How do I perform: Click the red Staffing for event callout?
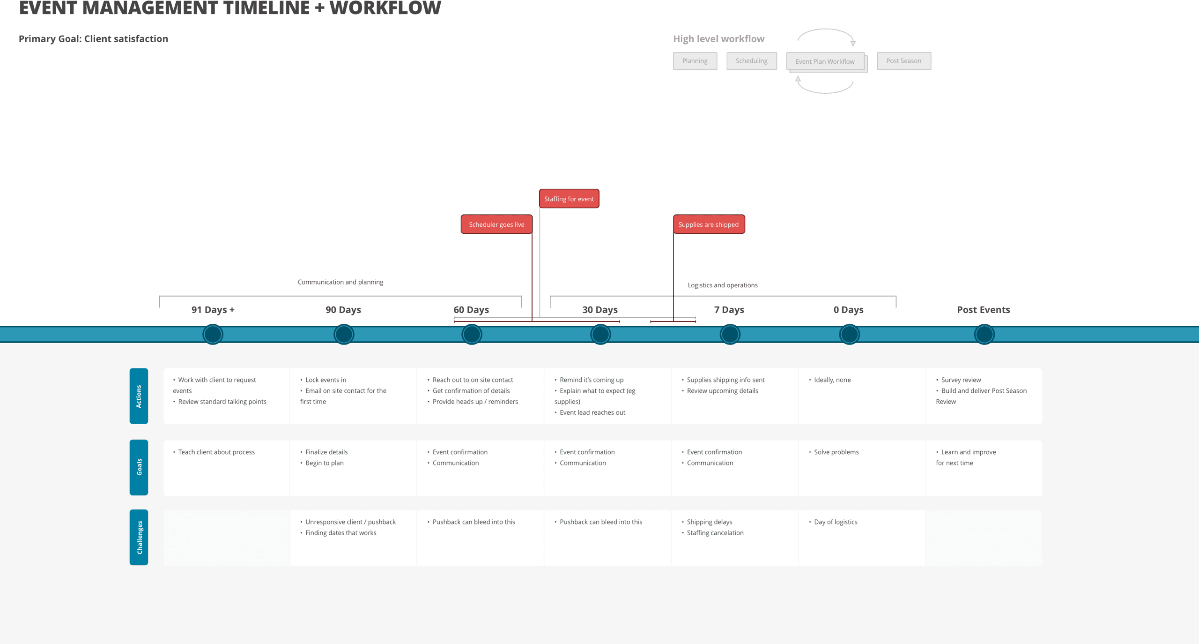tap(569, 199)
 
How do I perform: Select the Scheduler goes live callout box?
tap(496, 225)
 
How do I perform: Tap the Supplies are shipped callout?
tap(709, 225)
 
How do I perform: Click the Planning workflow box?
tap(695, 61)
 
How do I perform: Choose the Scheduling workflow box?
tap(751, 61)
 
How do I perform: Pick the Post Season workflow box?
tap(903, 61)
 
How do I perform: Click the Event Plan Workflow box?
tap(825, 61)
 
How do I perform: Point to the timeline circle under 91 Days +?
tap(213, 335)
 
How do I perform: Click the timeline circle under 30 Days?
tap(600, 335)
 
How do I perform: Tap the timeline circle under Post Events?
tap(984, 335)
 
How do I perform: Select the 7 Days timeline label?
tap(729, 310)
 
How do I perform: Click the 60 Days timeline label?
tap(471, 310)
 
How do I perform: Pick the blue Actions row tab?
tap(139, 396)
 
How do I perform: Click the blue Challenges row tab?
tap(139, 537)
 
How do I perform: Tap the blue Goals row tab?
tap(139, 467)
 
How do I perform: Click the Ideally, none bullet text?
tap(832, 380)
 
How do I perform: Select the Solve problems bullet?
tap(836, 452)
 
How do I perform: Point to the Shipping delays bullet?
tap(709, 522)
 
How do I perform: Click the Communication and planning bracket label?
tap(340, 282)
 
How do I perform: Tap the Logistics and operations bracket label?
tap(722, 285)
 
